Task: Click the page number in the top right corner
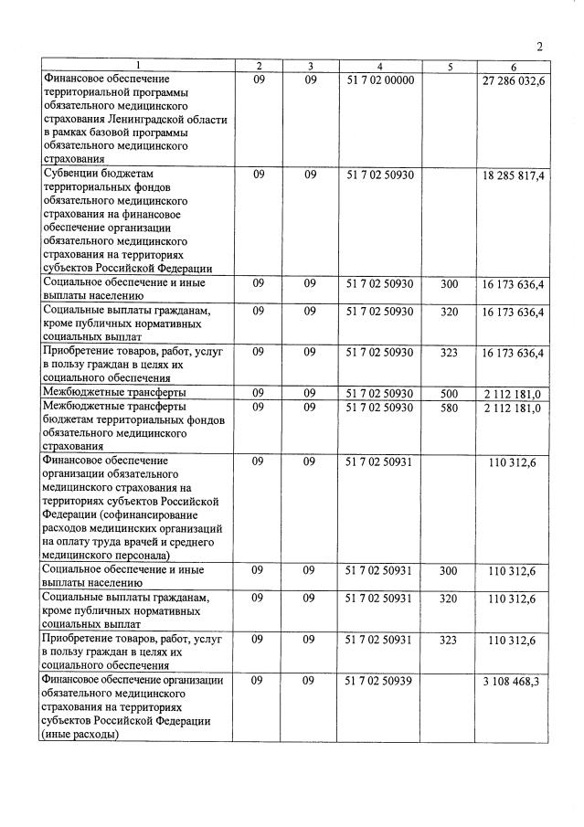tap(539, 48)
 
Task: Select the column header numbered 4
tap(379, 67)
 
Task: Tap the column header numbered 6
tap(514, 67)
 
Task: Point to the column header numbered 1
tap(137, 67)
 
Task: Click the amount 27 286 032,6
tap(514, 80)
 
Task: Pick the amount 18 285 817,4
tap(514, 175)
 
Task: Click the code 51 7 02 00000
tap(380, 80)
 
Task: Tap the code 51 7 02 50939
tap(380, 682)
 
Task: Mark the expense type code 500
tap(449, 393)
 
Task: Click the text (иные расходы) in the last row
tap(80, 734)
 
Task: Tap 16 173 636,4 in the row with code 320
tap(514, 312)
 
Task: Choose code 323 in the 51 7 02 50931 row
tap(449, 641)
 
